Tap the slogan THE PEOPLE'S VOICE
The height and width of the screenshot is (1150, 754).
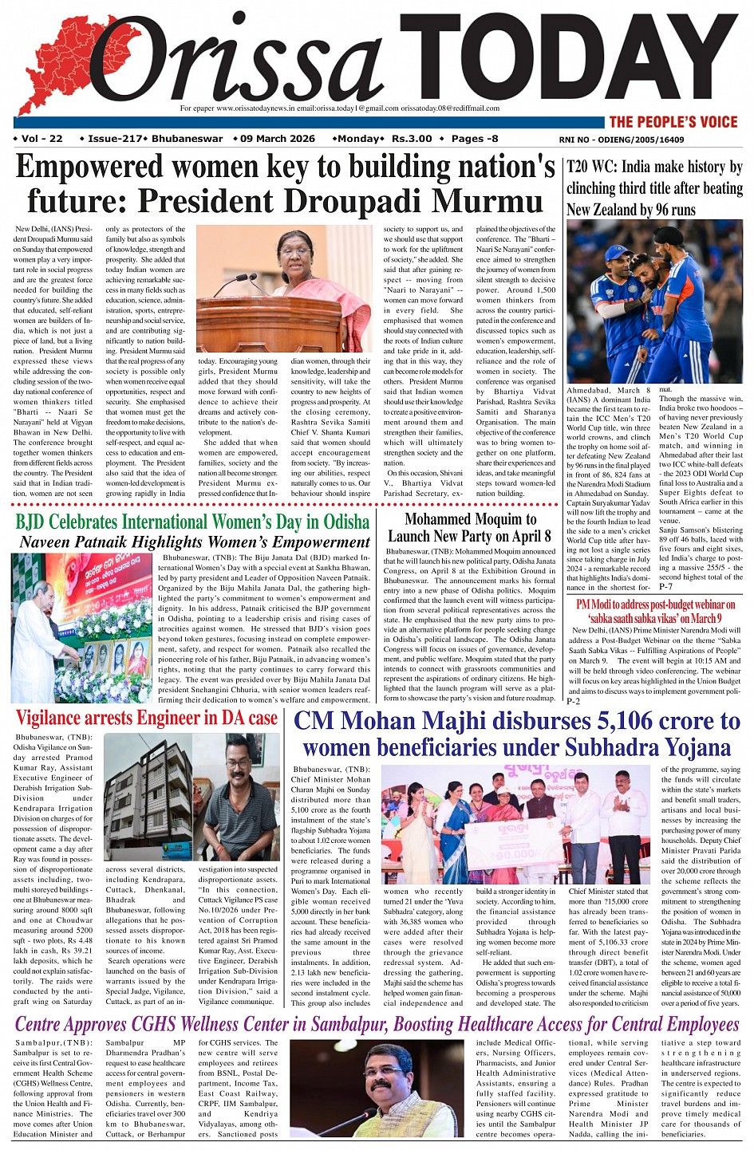[673, 122]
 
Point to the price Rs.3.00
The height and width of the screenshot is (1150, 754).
[412, 139]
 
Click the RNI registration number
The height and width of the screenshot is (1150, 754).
[622, 140]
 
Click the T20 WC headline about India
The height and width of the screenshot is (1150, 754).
[654, 188]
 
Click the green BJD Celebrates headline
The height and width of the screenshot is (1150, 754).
[192, 522]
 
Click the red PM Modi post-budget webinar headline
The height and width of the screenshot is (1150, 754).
[655, 611]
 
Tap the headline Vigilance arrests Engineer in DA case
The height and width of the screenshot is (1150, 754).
[147, 718]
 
